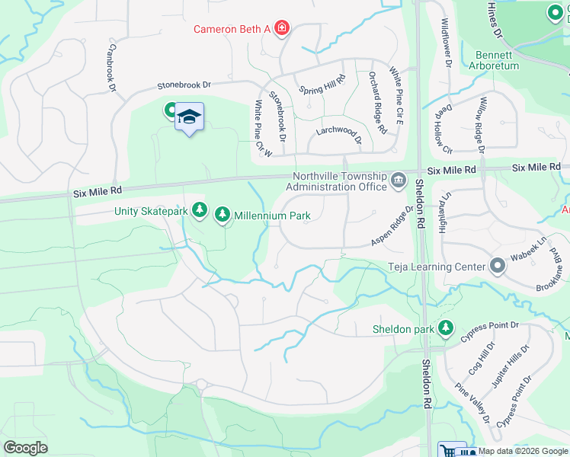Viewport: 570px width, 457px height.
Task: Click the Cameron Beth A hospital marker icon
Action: point(282,29)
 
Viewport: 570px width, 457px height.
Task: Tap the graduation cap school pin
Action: point(189,117)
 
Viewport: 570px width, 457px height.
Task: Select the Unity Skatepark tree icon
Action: point(200,209)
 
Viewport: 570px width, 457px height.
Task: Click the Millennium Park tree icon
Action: point(223,216)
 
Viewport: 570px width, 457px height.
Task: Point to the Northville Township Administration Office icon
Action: point(398,180)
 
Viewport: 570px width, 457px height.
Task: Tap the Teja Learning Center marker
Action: point(498,266)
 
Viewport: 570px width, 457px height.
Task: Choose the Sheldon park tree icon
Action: point(446,329)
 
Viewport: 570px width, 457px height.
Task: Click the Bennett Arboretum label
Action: point(497,60)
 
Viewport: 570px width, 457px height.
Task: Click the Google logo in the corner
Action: point(26,447)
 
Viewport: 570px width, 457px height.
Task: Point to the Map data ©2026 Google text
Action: point(523,451)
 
